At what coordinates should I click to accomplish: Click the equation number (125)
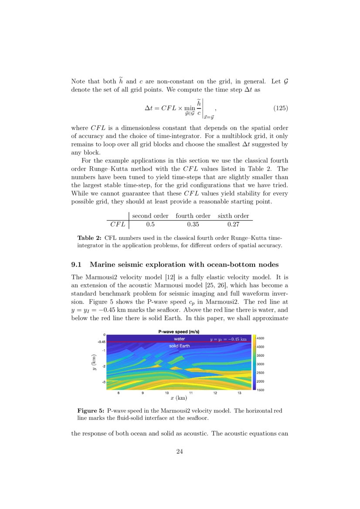[x=280, y=108]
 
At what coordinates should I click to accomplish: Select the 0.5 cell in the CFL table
[x=150, y=225]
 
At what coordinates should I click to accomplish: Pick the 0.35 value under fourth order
[x=193, y=225]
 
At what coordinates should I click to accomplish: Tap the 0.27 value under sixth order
[x=234, y=225]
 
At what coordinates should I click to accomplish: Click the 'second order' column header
[x=150, y=216]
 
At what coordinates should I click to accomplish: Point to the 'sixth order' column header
[x=234, y=216]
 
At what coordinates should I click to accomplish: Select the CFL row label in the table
[x=118, y=225]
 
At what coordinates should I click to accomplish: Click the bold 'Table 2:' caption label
[x=89, y=238]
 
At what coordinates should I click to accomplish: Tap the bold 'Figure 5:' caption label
[x=91, y=411]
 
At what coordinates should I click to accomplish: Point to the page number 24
[x=180, y=451]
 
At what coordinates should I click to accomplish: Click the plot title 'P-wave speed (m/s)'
[x=179, y=332]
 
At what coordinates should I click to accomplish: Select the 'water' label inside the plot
[x=179, y=338]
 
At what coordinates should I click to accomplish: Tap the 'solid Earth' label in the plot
[x=179, y=346]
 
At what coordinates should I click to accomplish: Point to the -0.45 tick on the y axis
[x=100, y=342]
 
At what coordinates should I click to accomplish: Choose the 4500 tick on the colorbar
[x=260, y=338]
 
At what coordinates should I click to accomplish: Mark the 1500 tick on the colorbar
[x=260, y=390]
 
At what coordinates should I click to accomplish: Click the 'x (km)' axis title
[x=179, y=398]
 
